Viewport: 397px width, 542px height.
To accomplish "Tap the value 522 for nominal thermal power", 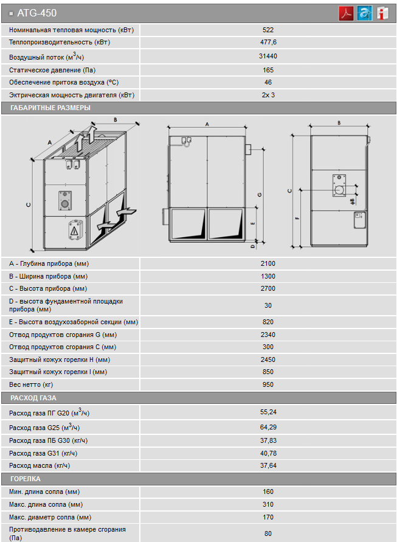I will (268, 29).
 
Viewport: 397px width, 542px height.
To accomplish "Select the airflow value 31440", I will (268, 56).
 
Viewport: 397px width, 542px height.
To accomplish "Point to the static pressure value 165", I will (268, 70).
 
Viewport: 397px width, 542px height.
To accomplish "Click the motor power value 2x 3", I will (268, 95).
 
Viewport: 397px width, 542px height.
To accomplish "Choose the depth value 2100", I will (268, 263).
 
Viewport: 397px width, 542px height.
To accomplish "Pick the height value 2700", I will (268, 288).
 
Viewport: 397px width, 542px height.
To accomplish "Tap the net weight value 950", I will (268, 384).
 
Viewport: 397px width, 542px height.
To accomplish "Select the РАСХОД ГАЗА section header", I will (33, 398).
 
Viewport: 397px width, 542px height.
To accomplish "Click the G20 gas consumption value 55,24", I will (268, 412).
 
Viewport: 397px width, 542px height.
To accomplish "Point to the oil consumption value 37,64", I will (268, 465).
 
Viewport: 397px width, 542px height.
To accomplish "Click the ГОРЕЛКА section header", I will (26, 479).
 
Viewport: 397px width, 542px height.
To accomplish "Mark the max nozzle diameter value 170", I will (268, 517).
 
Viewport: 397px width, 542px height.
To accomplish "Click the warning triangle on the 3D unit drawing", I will (74, 231).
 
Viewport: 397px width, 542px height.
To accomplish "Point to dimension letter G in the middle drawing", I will (260, 195).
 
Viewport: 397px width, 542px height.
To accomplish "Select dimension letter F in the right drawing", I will (297, 217).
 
